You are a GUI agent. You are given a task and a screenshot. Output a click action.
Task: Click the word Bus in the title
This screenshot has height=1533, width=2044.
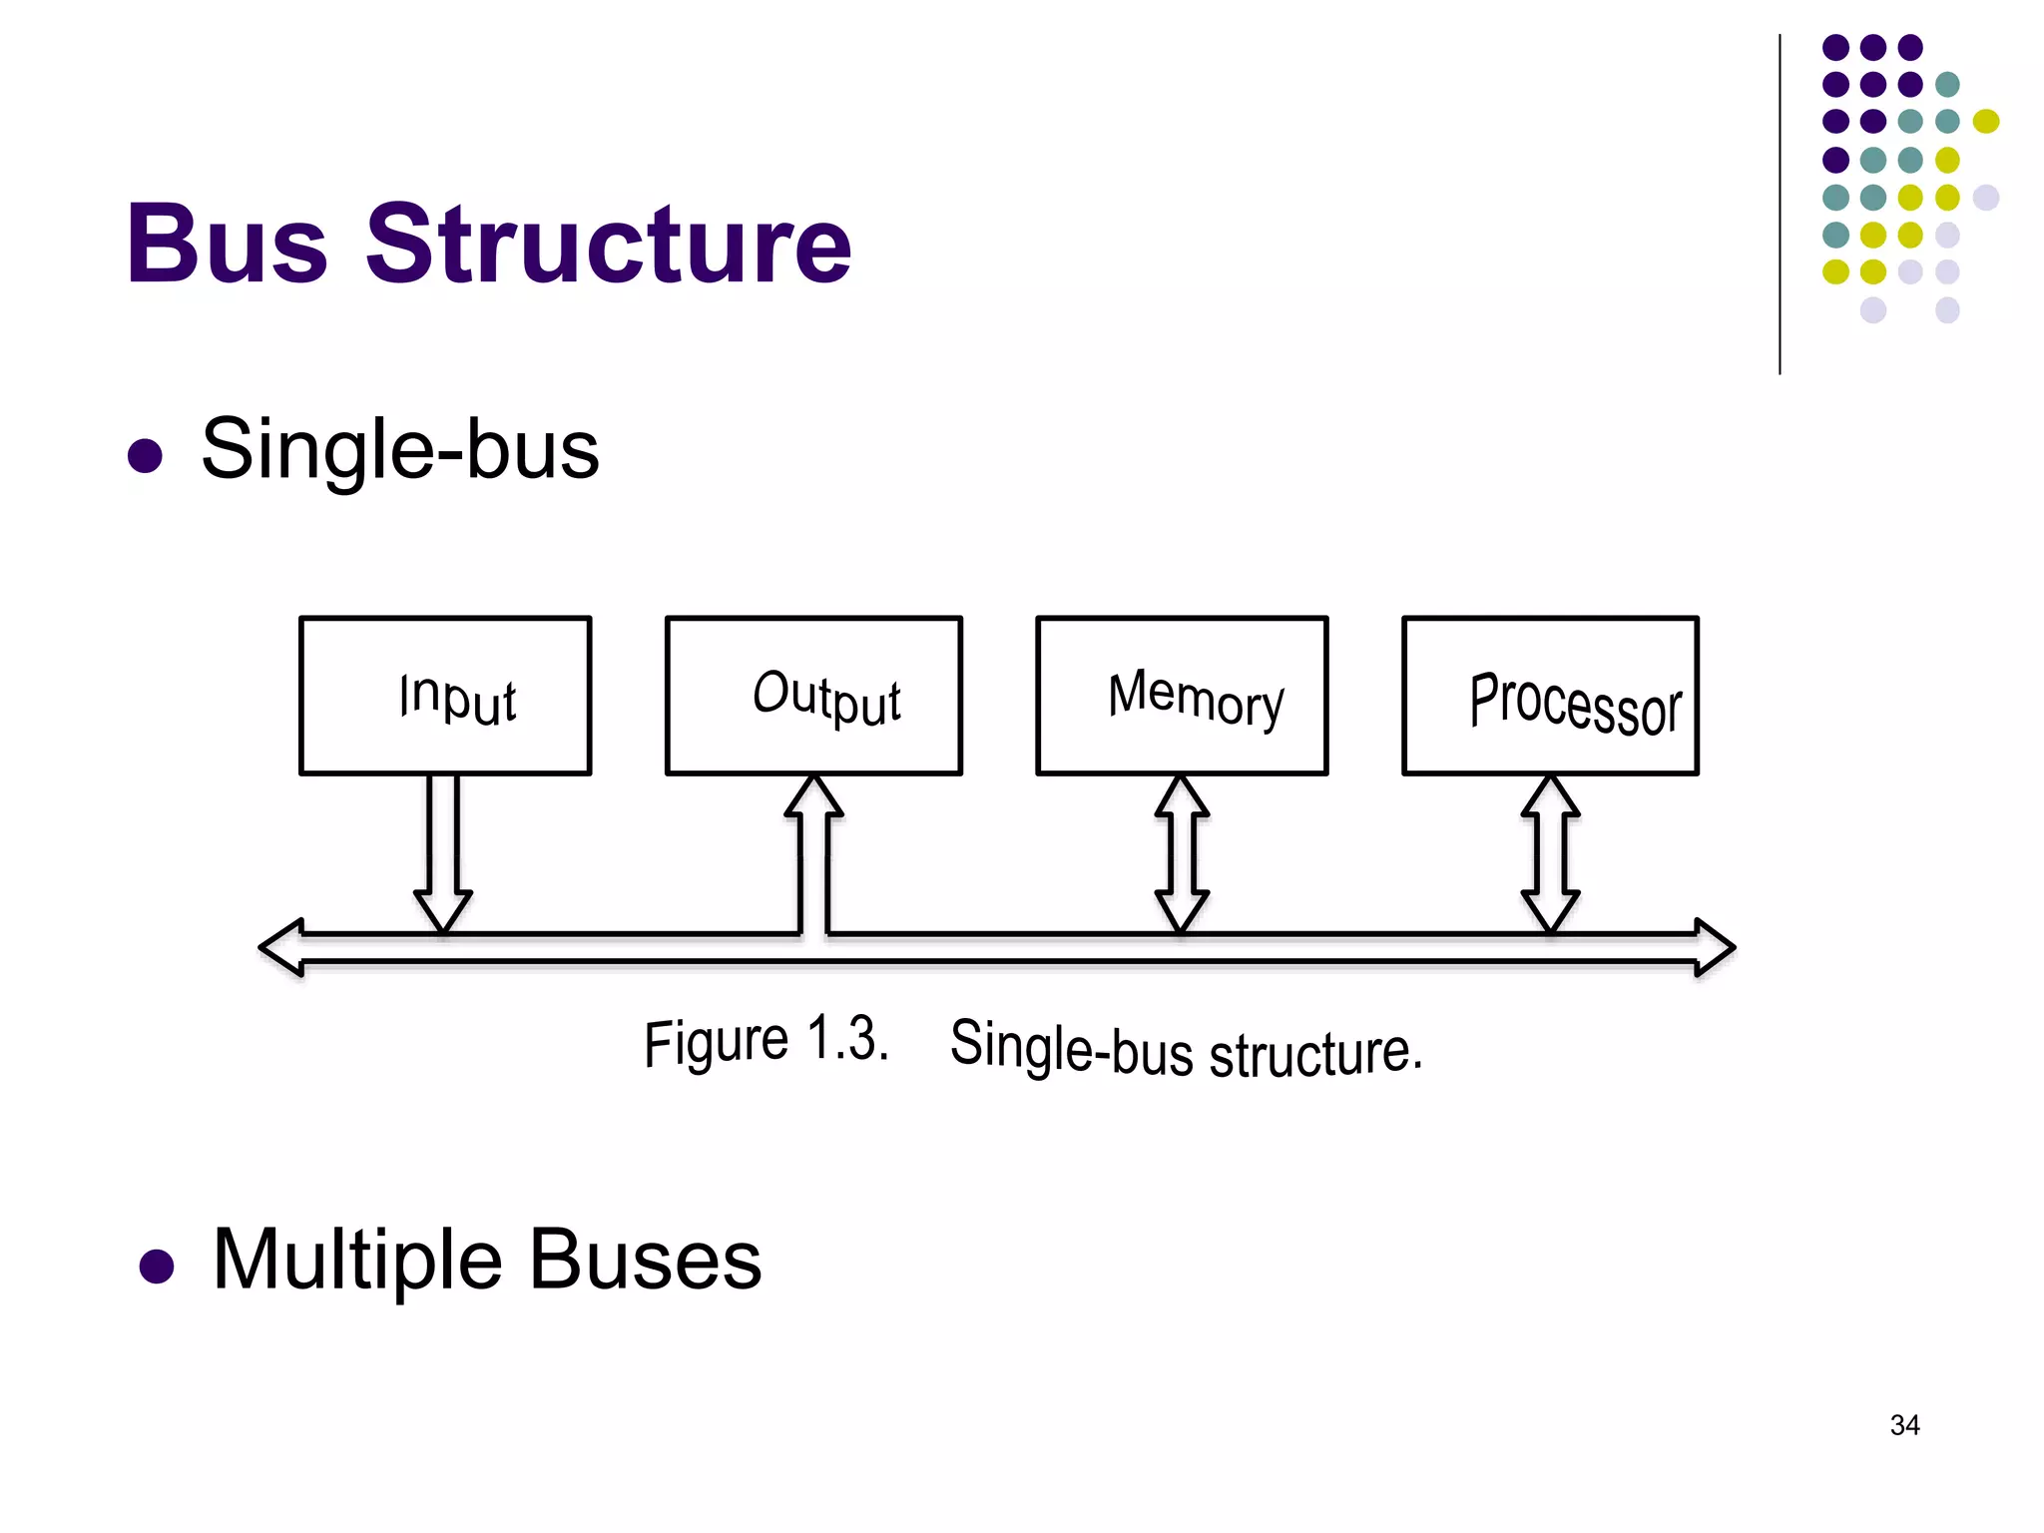coord(228,244)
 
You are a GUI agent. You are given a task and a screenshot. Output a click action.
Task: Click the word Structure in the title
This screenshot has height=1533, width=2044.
coord(609,244)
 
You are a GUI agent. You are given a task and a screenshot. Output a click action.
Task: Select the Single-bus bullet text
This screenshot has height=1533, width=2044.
coord(400,449)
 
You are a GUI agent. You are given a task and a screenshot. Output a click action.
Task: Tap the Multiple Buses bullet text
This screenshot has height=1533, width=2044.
coord(487,1260)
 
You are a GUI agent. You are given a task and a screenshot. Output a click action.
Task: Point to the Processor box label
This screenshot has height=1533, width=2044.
coord(1575,703)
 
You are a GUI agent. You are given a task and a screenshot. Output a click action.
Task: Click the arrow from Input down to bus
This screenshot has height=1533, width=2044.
coord(443,848)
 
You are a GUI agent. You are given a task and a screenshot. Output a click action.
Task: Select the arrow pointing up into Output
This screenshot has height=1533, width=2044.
coord(814,848)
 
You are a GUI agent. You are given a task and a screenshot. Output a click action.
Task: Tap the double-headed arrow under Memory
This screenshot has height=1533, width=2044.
coord(1182,852)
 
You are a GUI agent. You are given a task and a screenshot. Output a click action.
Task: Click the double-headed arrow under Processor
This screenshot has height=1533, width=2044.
coord(1550,852)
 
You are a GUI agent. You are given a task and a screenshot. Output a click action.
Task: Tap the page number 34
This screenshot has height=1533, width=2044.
coord(1904,1425)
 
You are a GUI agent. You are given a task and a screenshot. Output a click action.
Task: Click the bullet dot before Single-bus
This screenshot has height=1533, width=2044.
coord(146,455)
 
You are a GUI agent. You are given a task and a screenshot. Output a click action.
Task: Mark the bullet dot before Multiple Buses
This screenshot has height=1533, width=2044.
coord(157,1266)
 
